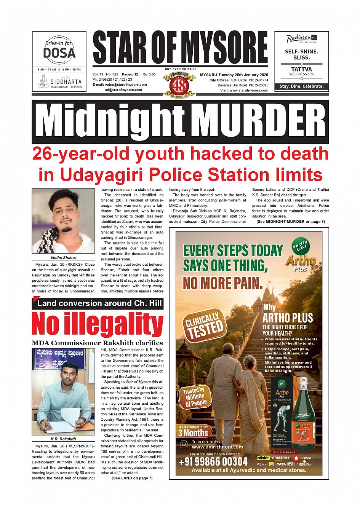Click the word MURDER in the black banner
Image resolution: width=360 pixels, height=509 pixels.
click(260, 122)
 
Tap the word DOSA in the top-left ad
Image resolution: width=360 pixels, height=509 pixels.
click(59, 53)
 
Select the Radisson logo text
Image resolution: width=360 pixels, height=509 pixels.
click(299, 38)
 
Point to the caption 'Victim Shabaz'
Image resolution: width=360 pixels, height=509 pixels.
click(63, 258)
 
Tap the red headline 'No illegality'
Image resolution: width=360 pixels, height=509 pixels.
click(98, 324)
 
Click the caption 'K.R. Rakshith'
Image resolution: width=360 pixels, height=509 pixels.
click(63, 439)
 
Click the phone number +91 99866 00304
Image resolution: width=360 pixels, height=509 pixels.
click(213, 462)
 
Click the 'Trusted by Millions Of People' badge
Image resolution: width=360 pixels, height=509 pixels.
click(195, 397)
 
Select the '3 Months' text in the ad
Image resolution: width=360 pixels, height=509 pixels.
click(193, 432)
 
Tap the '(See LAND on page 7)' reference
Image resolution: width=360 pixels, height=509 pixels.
click(132, 478)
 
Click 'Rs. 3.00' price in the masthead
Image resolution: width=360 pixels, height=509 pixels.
click(149, 75)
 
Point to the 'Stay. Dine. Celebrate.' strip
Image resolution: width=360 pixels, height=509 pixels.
click(301, 86)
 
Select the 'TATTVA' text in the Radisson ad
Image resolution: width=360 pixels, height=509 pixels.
click(301, 69)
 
